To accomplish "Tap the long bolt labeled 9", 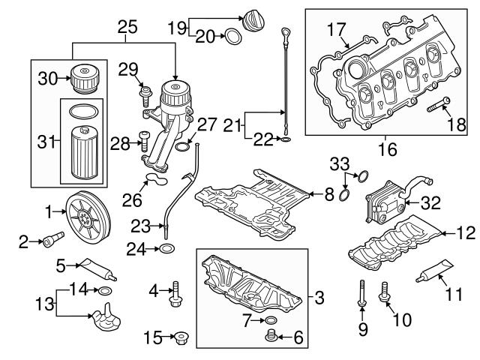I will (361, 292).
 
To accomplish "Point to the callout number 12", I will (466, 232).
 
